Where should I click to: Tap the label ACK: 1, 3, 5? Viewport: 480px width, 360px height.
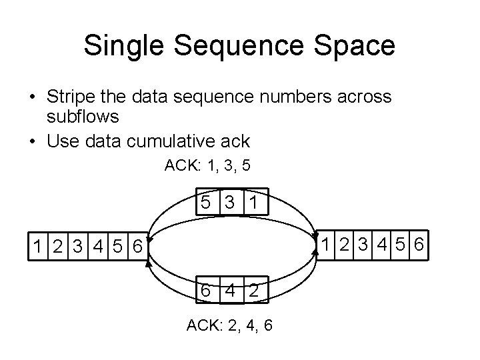click(207, 165)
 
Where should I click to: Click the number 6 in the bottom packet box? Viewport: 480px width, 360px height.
click(207, 291)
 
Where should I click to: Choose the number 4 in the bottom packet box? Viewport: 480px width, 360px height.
click(231, 291)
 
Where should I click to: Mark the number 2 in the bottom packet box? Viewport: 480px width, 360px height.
click(254, 291)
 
